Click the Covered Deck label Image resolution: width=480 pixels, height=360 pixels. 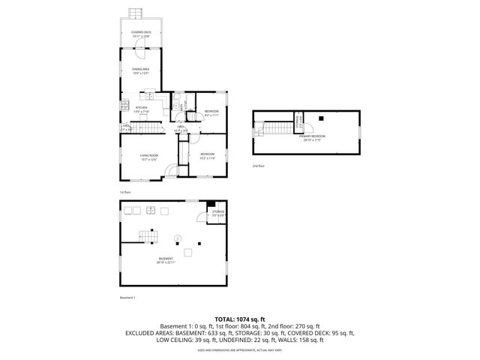[140, 34]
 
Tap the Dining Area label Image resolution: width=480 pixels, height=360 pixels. [140, 71]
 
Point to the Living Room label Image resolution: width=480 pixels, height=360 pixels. [148, 157]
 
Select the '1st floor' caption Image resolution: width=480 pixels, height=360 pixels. [125, 193]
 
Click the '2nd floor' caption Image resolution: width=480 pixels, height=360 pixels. [259, 166]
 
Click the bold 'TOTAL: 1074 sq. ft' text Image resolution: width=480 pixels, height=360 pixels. [239, 319]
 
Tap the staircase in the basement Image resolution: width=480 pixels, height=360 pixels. [149, 235]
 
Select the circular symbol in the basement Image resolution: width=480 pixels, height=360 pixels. [178, 238]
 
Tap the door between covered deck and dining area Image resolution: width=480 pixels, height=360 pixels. [140, 49]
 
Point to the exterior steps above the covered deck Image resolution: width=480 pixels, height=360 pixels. [136, 13]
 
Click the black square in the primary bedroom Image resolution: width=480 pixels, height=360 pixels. [320, 118]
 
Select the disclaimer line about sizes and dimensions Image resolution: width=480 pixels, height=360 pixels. [239, 350]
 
